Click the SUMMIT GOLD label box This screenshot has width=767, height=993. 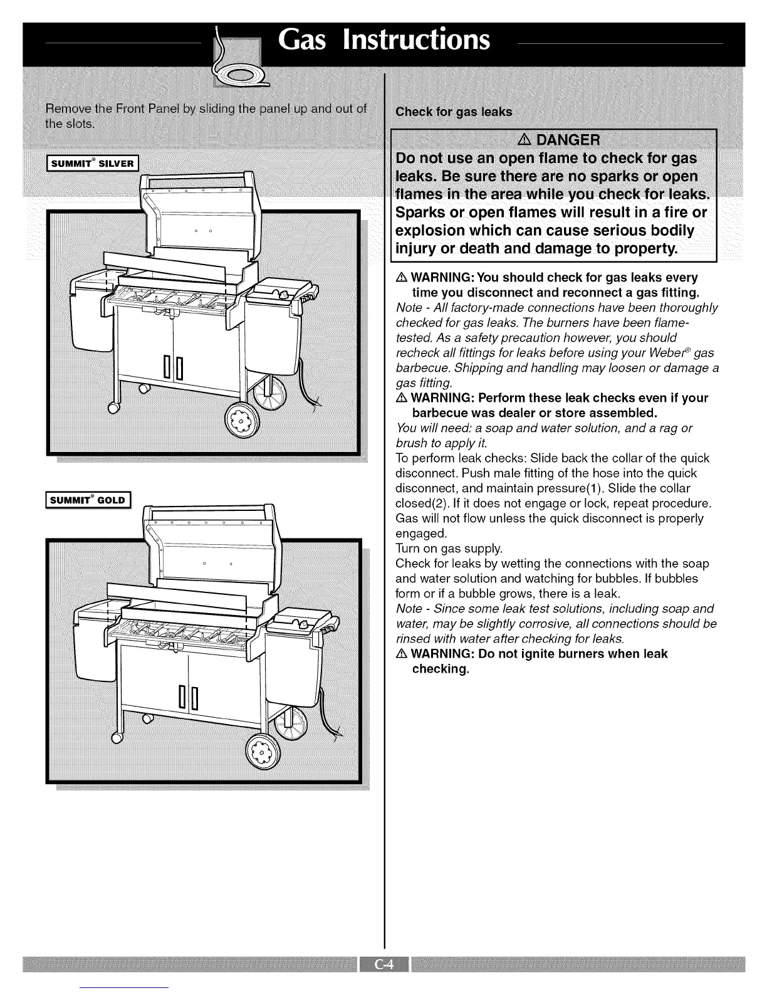coord(90,500)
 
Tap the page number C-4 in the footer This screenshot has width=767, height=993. coord(383,964)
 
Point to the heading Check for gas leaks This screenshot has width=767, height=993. coord(454,112)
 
